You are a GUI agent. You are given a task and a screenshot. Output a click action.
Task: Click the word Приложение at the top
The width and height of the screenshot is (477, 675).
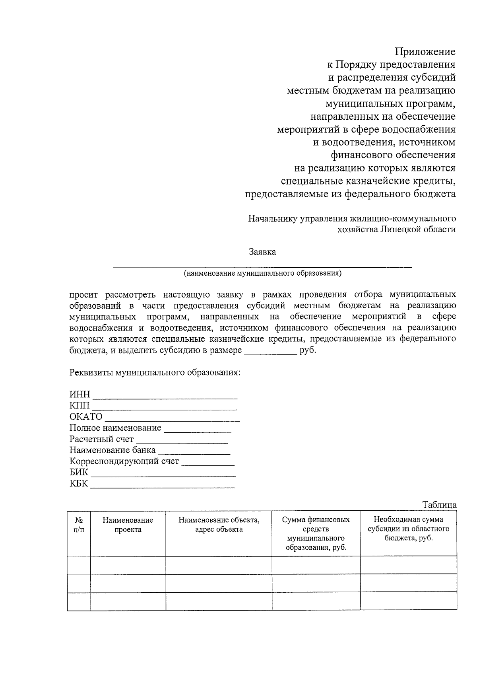click(x=425, y=52)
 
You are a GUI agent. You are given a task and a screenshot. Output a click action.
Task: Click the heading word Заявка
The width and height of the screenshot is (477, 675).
click(x=262, y=252)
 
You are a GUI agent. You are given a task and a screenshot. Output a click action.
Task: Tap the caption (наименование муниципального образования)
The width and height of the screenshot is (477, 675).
click(x=262, y=273)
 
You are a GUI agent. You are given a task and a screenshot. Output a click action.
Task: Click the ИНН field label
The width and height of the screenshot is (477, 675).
click(x=80, y=395)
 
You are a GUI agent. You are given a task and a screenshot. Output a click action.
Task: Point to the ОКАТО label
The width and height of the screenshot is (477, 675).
click(x=86, y=417)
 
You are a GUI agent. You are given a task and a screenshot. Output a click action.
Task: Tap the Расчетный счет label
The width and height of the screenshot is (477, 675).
click(x=101, y=439)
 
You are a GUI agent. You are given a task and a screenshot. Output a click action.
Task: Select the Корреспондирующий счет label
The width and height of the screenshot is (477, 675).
click(x=124, y=461)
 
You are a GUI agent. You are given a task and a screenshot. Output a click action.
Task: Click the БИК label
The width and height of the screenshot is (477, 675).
click(x=79, y=473)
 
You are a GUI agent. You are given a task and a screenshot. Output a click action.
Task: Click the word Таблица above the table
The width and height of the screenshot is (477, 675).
click(x=439, y=505)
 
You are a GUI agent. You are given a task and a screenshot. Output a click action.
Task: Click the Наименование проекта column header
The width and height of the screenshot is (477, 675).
click(x=128, y=525)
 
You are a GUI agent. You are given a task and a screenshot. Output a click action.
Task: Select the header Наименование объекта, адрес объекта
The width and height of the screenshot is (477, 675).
click(x=219, y=525)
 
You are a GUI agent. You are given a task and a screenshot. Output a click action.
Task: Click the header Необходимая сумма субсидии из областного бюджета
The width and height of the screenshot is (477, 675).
click(x=408, y=529)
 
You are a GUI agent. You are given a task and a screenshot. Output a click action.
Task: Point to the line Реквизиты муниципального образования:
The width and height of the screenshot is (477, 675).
click(x=155, y=373)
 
